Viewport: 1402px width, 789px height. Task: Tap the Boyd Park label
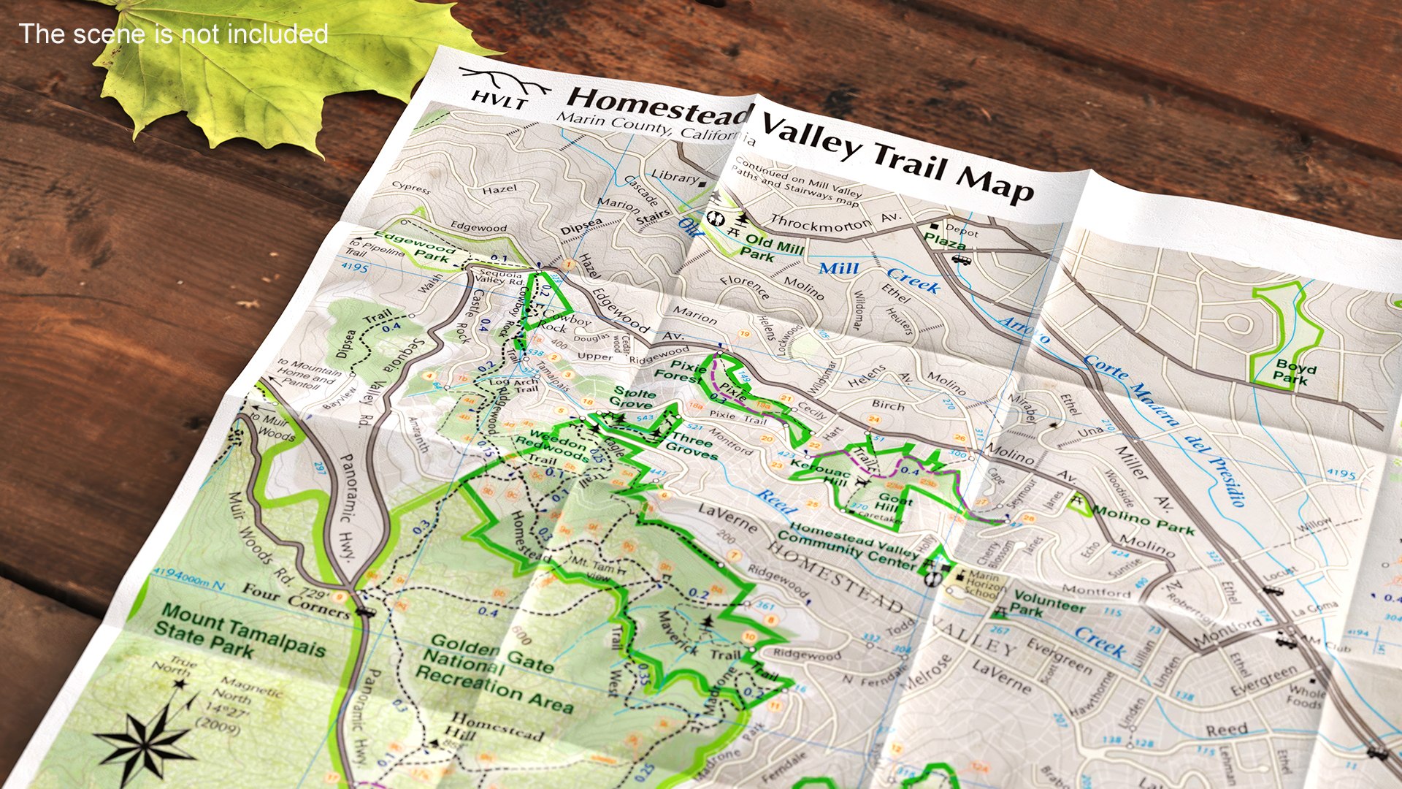coord(1295,372)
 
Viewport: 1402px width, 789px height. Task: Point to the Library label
coord(674,177)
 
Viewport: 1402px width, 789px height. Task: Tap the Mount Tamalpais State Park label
coord(238,633)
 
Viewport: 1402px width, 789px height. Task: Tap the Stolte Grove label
coord(633,398)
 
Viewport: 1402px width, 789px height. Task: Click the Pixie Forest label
coord(680,371)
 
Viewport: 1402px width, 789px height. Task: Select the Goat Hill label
coord(892,503)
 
